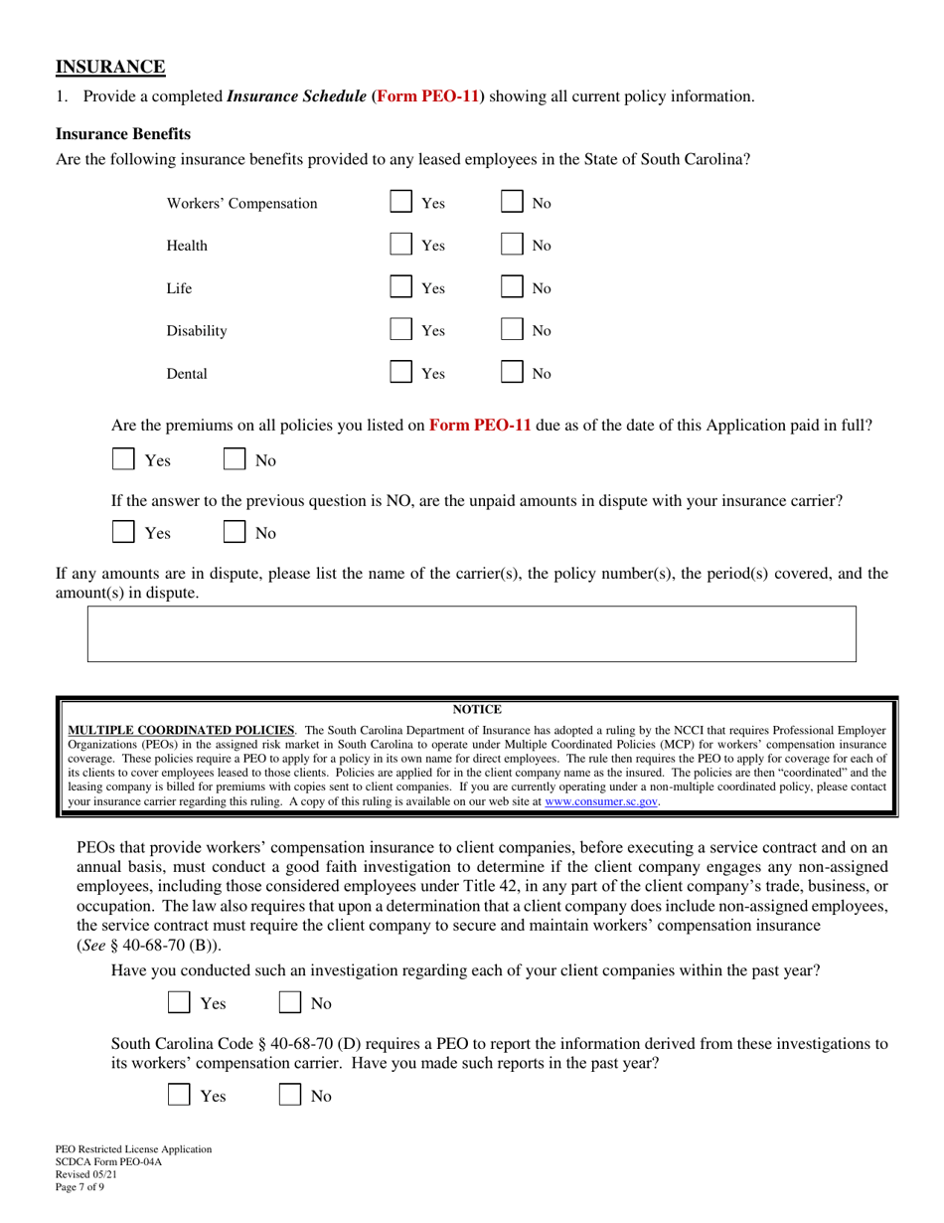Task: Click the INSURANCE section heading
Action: point(110,68)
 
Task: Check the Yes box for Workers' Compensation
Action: point(400,203)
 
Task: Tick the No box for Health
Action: point(512,246)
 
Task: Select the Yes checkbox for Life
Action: point(400,288)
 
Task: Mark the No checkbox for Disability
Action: point(512,330)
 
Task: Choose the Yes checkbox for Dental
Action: point(400,374)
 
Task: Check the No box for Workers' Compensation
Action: point(512,203)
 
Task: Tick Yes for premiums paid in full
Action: point(124,460)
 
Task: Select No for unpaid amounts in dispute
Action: point(236,532)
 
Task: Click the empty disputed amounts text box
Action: point(472,633)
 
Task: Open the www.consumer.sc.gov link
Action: point(601,800)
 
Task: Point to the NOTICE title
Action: point(477,710)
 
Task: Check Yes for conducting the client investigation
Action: point(180,1003)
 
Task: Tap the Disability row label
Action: point(197,331)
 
